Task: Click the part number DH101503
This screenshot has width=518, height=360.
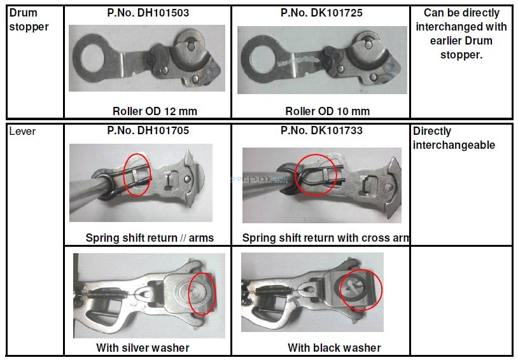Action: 147,13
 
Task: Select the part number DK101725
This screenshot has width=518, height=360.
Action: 321,13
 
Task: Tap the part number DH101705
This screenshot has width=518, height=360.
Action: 147,131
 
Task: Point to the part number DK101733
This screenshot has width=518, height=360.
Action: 321,131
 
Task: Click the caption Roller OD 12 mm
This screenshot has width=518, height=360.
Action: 155,111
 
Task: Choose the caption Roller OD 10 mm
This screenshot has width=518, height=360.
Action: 327,111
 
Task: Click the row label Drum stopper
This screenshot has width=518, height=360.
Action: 29,20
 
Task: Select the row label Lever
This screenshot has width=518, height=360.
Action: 22,132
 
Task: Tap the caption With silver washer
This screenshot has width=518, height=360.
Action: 143,347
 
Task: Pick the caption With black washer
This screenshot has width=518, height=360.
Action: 334,347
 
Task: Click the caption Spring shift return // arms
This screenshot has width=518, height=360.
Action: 150,238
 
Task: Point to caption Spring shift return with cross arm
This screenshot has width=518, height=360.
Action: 325,238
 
